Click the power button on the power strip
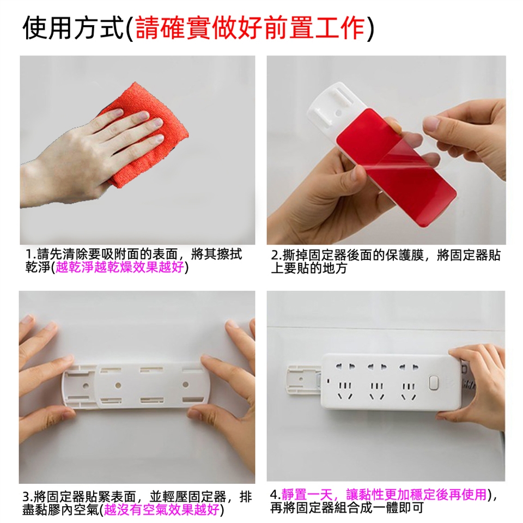click(x=434, y=382)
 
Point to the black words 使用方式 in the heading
click(x=72, y=28)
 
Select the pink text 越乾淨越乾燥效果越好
click(x=120, y=267)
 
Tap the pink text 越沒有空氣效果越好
click(x=162, y=509)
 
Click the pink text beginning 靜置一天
click(x=384, y=494)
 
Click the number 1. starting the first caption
click(x=31, y=255)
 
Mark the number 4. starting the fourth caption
click(x=276, y=494)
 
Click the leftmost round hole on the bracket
click(x=86, y=385)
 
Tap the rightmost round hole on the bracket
click(x=185, y=385)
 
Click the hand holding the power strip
click(x=477, y=384)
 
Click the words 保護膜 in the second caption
click(x=404, y=256)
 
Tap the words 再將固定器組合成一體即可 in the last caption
click(x=347, y=508)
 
